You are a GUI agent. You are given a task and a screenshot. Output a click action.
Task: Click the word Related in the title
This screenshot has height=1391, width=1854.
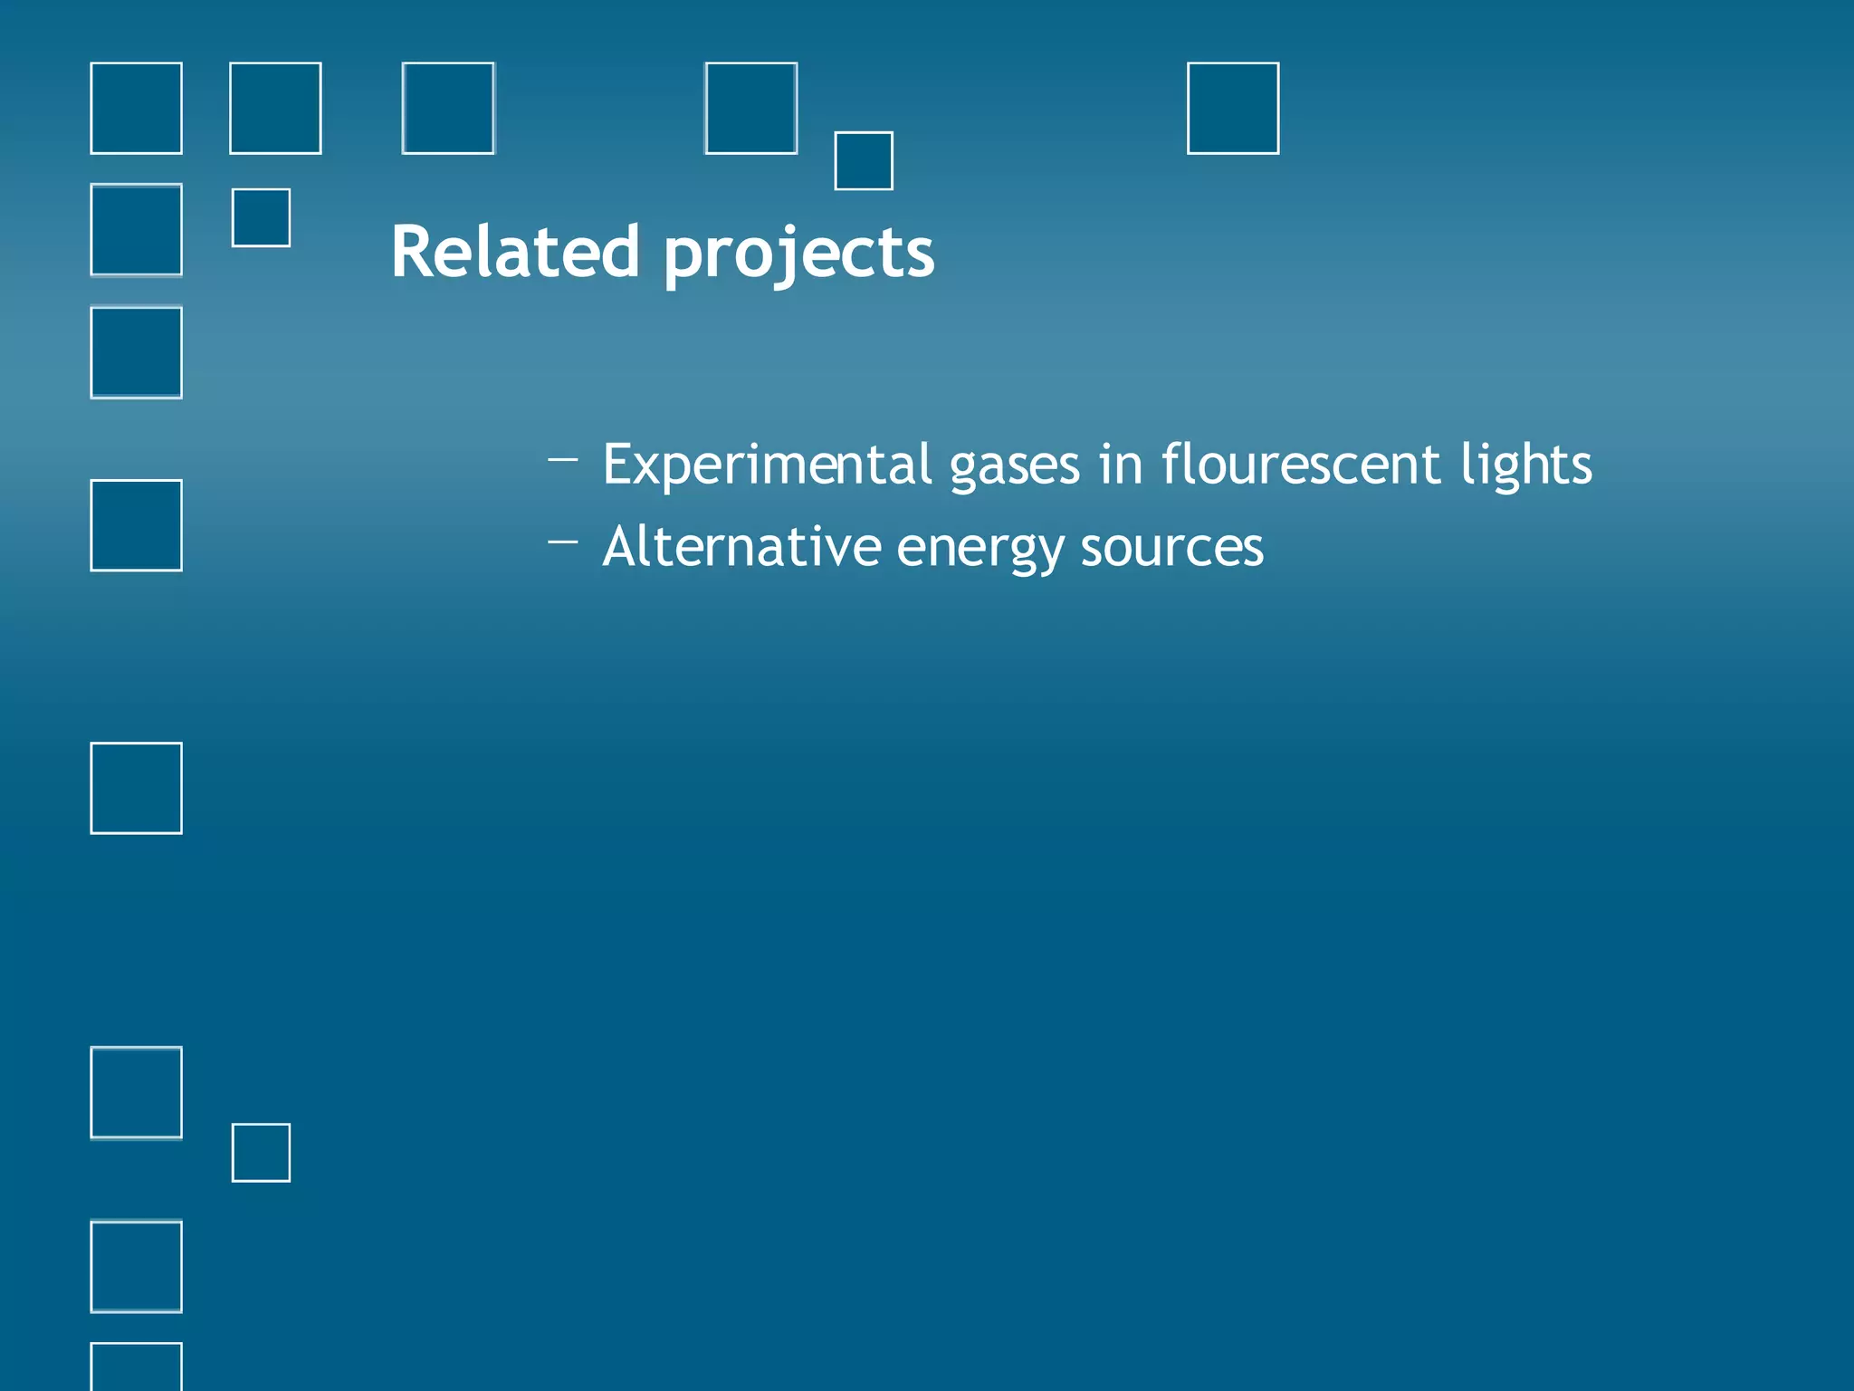[x=514, y=252]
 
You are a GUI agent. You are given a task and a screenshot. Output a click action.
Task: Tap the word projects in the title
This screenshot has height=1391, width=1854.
[x=798, y=254]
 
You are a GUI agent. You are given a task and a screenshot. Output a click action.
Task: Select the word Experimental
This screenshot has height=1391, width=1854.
[x=767, y=465]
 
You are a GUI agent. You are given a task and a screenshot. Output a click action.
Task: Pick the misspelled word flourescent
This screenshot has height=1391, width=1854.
[x=1301, y=465]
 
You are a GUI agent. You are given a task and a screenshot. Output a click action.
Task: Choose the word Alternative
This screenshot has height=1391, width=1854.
[x=741, y=547]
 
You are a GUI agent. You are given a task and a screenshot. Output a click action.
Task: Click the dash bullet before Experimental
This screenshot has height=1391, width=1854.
[x=562, y=459]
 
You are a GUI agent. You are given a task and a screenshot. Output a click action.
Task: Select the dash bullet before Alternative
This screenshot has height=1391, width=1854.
[x=562, y=542]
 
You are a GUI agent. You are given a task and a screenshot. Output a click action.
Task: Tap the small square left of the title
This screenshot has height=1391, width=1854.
[x=261, y=217]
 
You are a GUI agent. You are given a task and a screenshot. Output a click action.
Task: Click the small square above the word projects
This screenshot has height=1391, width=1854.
[x=864, y=161]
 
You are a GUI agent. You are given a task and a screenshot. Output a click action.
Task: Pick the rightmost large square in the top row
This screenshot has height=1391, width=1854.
[x=1233, y=109]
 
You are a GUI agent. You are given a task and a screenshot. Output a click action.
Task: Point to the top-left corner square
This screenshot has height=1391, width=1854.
[x=136, y=109]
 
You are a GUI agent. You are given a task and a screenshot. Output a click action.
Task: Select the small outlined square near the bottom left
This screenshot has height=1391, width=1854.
[x=261, y=1153]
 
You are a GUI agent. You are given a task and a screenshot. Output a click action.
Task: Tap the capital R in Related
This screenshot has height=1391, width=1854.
[x=413, y=252]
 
